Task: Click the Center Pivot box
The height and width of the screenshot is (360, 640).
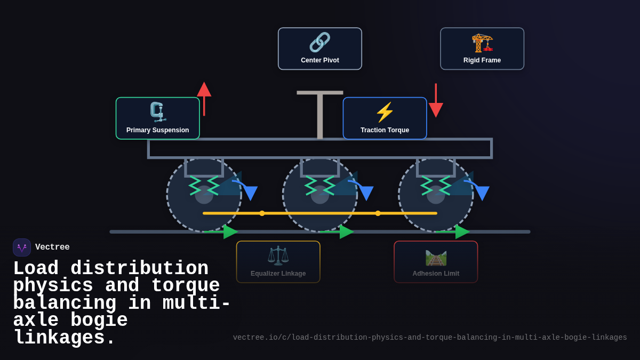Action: (x=320, y=49)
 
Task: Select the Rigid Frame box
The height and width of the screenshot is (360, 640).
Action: (x=482, y=49)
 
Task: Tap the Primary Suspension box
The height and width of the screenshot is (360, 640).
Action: (x=158, y=118)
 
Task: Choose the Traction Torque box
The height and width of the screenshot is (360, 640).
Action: (x=385, y=118)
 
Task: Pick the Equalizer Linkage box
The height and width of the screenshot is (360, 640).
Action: (x=278, y=262)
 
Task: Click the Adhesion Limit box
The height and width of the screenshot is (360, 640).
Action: (x=436, y=262)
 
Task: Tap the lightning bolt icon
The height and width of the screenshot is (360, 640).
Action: (x=385, y=112)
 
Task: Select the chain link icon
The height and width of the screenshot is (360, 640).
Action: (x=320, y=42)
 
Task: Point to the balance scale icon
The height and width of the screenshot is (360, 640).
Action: (x=278, y=255)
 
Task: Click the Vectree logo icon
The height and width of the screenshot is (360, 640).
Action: (x=22, y=247)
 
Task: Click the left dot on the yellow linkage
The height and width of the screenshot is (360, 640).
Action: (x=262, y=213)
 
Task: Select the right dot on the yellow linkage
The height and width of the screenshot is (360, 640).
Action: (x=378, y=213)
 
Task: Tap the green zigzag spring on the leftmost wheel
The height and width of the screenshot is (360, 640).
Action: (x=204, y=186)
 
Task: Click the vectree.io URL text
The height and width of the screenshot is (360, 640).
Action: (x=430, y=338)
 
